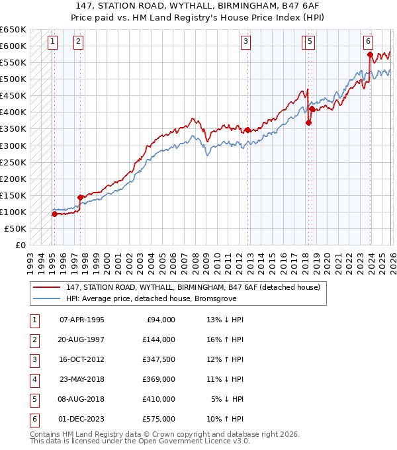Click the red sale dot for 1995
click(54, 214)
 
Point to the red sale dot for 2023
click(371, 54)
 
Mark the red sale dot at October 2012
click(247, 130)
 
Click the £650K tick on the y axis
click(13, 30)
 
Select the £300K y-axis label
click(13, 146)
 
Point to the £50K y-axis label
click(16, 228)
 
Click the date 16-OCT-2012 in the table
click(82, 359)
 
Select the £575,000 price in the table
click(159, 419)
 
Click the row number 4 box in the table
click(33, 379)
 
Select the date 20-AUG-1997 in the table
click(82, 339)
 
